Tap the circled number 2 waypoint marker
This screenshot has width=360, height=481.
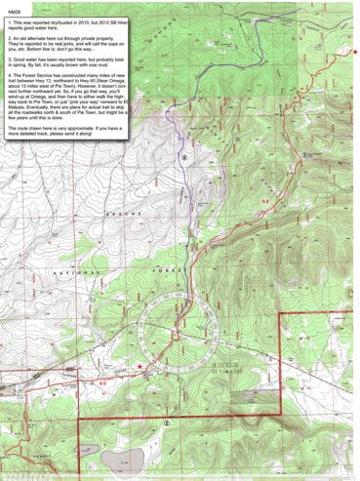tap(167, 422)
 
